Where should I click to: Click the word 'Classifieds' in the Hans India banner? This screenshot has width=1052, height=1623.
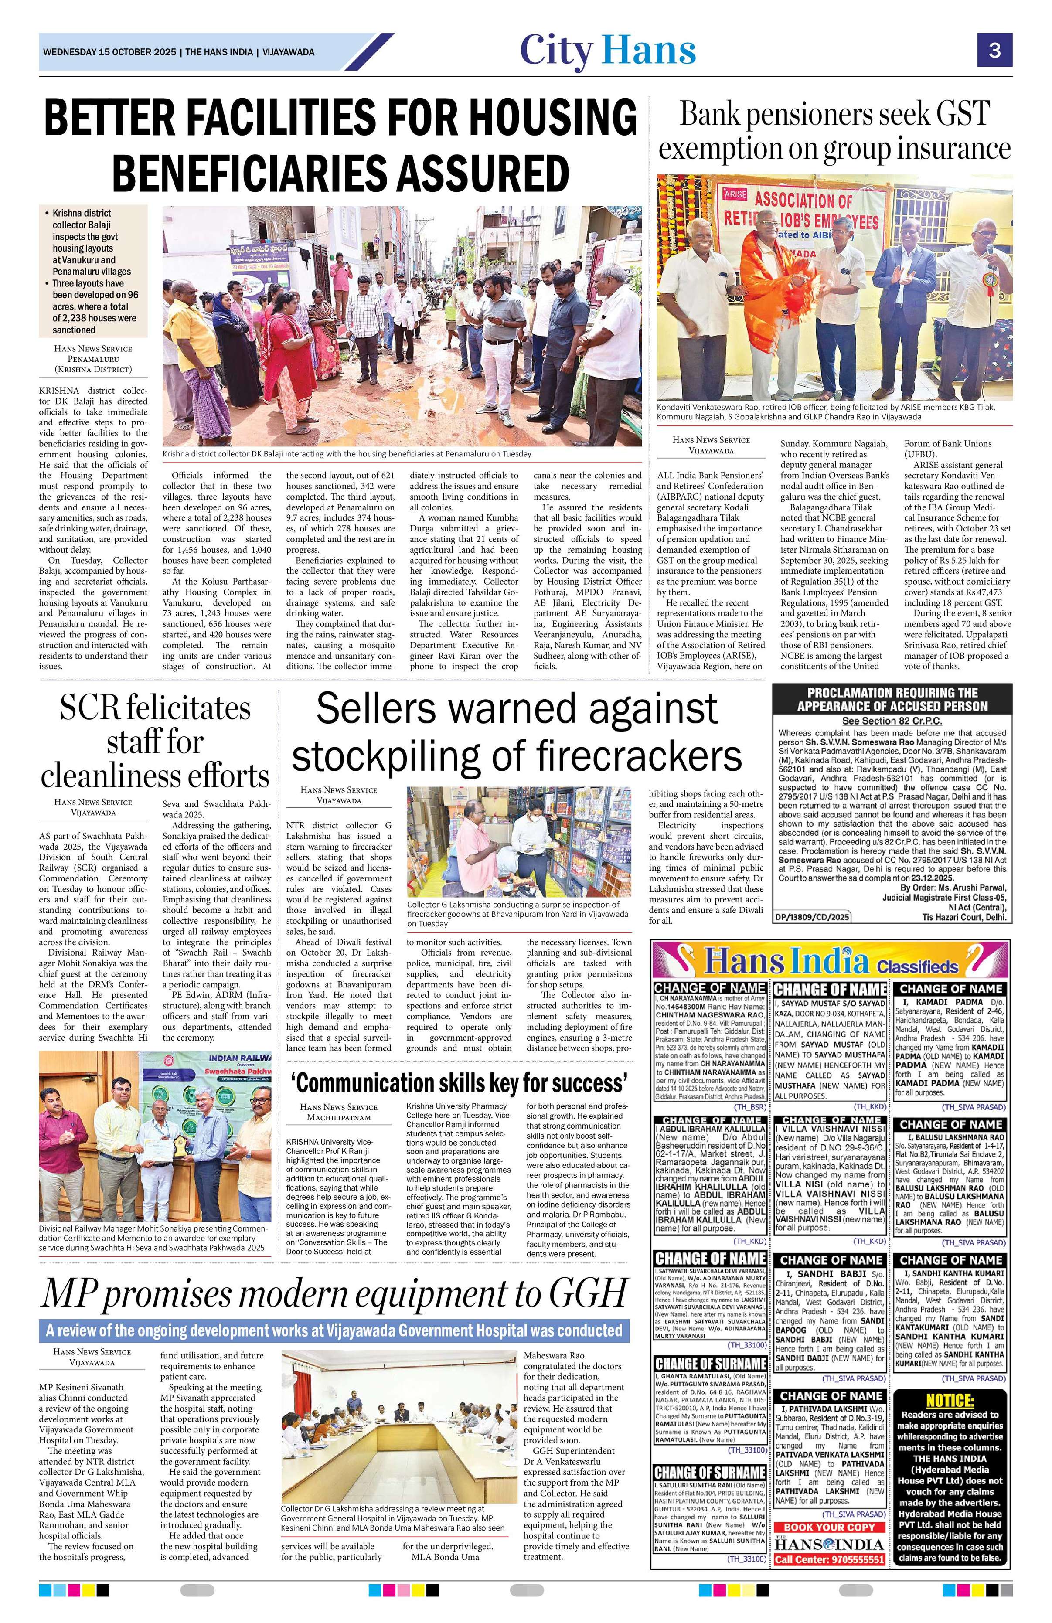(918, 966)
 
